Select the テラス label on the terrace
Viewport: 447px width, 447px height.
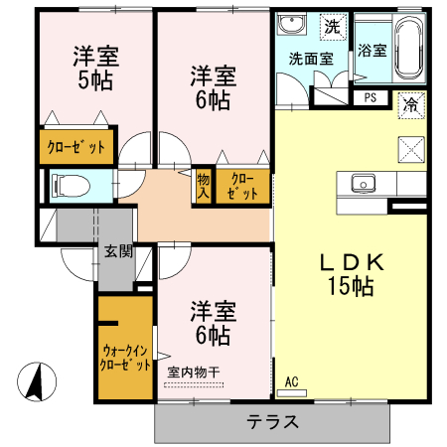point(273,420)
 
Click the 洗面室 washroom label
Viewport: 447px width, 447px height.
point(311,59)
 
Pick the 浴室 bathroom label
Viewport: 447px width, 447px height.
point(372,49)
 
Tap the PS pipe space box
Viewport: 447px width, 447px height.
point(370,97)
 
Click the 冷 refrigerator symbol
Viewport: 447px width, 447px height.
point(410,103)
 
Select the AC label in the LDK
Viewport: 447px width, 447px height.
point(292,381)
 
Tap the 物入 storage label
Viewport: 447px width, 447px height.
point(204,185)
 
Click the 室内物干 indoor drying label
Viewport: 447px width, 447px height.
point(194,372)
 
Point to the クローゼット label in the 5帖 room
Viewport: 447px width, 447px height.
point(76,148)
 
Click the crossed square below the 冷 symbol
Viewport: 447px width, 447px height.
point(410,149)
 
